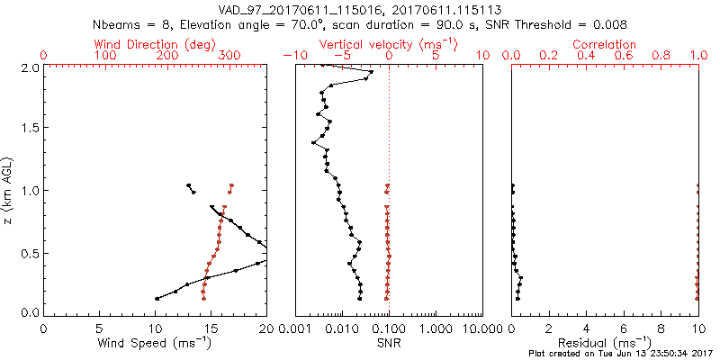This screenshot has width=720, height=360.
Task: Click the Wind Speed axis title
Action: click(155, 343)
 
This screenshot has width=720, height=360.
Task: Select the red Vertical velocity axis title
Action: click(388, 43)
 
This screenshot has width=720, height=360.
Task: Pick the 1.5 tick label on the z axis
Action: click(30, 129)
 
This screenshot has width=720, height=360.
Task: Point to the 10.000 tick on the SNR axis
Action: click(467, 329)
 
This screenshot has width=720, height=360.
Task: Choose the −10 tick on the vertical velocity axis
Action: click(292, 56)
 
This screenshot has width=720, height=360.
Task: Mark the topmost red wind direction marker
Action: click(231, 185)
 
